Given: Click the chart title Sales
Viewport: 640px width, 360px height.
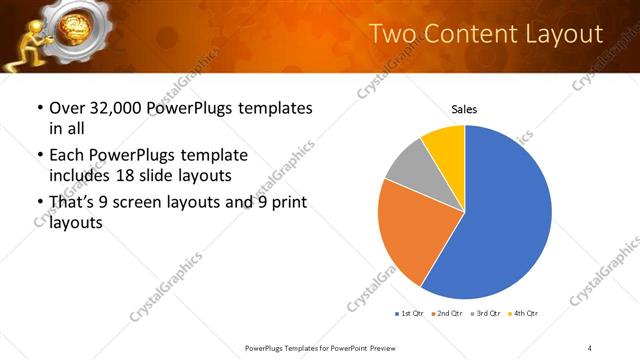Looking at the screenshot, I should (464, 107).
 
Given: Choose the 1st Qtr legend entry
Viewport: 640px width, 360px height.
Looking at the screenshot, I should (410, 314).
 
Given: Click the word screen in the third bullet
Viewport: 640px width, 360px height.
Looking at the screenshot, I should (145, 203).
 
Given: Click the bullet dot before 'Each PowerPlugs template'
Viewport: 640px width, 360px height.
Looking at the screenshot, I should (39, 156).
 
